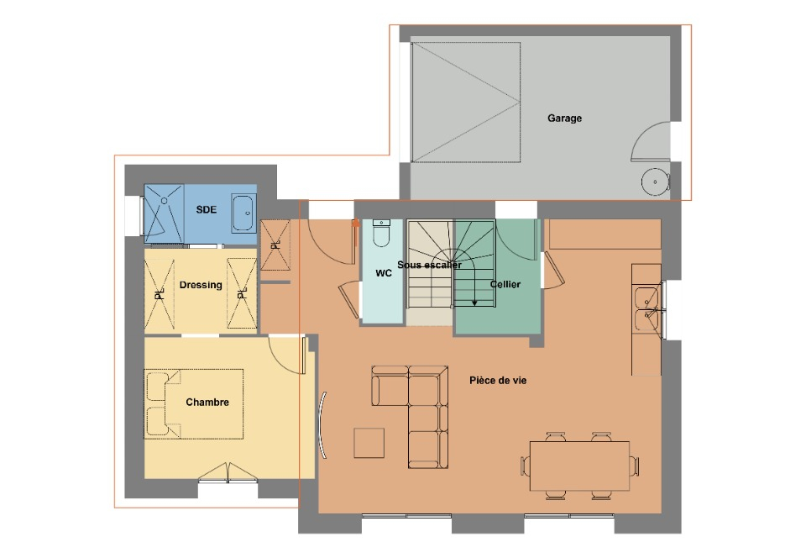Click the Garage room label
564,118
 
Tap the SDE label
207,209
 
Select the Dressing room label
201,285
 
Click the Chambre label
207,403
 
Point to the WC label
384,273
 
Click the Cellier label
505,284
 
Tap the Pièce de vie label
498,381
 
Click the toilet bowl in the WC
381,233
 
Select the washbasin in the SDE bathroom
243,213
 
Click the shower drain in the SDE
165,200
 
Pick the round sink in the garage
656,182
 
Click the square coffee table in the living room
369,443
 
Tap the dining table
580,466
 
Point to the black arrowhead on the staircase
474,303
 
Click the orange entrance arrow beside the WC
355,223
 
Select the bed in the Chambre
194,403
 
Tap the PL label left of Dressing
160,294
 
